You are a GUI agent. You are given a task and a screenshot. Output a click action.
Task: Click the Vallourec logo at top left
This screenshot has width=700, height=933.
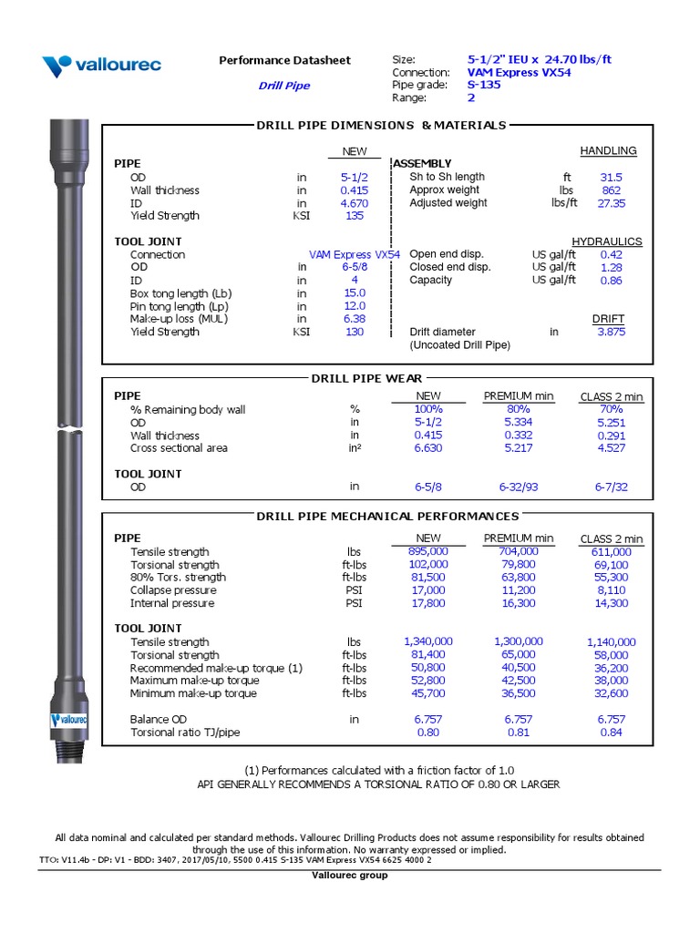point(101,65)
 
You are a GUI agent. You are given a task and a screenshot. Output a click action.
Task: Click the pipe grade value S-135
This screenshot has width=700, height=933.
point(483,85)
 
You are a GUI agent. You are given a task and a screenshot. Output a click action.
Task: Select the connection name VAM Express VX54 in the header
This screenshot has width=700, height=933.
point(519,72)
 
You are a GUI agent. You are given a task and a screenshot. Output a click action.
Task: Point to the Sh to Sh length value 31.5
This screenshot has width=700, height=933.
point(611,177)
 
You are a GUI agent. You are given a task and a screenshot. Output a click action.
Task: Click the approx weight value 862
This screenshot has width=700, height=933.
point(611,190)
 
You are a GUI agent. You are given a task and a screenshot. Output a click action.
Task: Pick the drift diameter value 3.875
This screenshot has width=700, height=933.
point(611,333)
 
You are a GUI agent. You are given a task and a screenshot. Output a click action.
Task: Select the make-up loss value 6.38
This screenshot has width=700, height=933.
point(354,319)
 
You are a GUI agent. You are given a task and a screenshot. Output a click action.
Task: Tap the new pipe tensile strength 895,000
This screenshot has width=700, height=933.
point(427,551)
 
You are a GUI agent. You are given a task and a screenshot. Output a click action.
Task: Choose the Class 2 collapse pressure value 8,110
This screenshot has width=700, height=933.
point(612,590)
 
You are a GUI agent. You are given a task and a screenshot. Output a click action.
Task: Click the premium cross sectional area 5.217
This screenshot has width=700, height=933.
point(519,448)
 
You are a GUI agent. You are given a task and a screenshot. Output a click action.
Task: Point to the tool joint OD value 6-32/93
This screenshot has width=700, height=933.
point(519,487)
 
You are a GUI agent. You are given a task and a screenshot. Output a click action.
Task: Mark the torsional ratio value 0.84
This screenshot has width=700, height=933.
point(612,733)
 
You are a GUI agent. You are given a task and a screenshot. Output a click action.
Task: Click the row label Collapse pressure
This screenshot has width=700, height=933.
point(172,590)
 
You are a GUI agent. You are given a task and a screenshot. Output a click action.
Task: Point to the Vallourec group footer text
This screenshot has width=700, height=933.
point(349,876)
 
